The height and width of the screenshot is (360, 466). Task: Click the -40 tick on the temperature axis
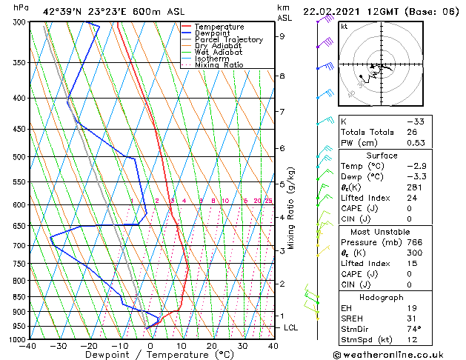[x=28, y=345]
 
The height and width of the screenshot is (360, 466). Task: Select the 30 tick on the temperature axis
[x=242, y=345]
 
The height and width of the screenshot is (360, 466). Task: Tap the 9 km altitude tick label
[x=282, y=36]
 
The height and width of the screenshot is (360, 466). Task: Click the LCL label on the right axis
[x=292, y=327]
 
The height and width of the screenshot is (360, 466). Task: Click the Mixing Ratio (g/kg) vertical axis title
[x=292, y=208]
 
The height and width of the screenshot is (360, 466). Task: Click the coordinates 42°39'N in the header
[x=62, y=11]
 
